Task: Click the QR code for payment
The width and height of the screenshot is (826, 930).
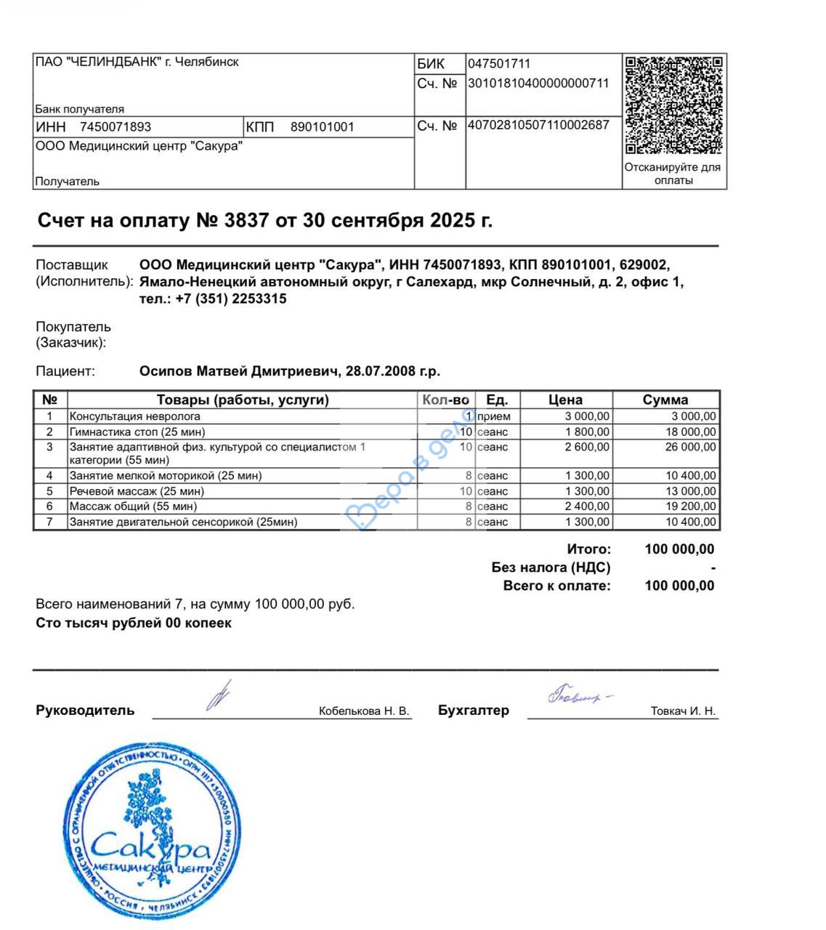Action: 673,105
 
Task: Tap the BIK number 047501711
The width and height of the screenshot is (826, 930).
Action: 499,64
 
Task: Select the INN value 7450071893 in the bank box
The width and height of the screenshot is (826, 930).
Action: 116,127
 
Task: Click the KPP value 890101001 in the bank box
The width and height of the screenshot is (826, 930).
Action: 322,127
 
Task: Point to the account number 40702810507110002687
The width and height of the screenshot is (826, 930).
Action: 538,125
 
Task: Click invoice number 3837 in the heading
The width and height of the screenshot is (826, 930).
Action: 247,220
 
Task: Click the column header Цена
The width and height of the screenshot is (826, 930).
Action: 565,400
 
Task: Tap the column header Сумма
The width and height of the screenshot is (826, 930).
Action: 665,400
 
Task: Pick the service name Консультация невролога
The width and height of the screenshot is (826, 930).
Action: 134,416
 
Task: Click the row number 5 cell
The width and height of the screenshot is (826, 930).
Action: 49,491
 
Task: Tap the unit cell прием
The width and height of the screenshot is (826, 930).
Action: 494,416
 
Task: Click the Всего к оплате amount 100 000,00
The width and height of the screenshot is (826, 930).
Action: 679,586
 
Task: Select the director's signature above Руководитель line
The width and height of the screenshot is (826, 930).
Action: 217,695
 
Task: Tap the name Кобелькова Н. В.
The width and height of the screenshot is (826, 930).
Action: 364,711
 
